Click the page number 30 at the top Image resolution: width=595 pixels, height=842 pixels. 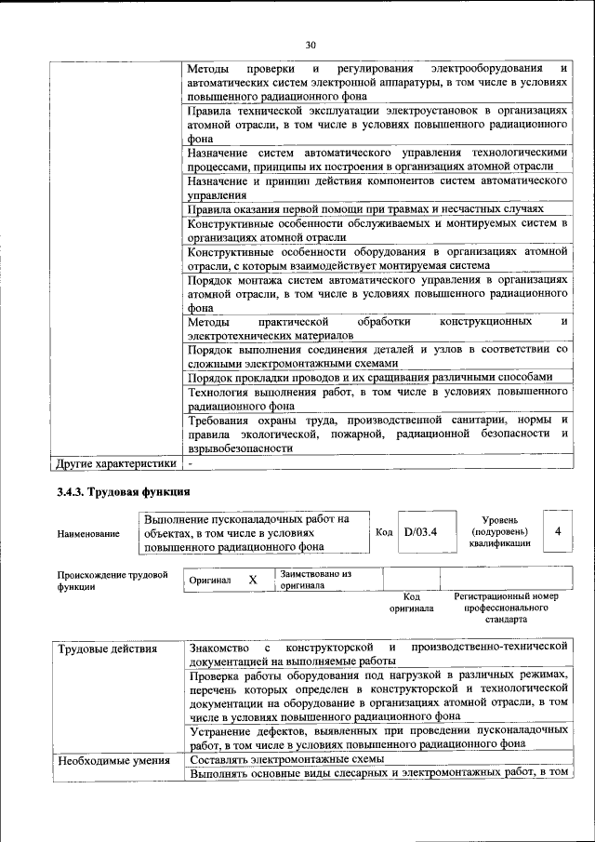[311, 44]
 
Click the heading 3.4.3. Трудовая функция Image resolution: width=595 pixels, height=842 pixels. [123, 491]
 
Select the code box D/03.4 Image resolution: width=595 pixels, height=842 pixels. [420, 532]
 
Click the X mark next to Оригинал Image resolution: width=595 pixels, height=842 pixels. [253, 579]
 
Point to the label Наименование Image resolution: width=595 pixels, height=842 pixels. [88, 533]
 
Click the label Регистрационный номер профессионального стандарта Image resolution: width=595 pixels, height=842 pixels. [506, 607]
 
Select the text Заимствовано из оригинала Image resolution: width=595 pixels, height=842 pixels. [316, 580]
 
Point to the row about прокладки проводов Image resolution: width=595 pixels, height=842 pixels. [370, 377]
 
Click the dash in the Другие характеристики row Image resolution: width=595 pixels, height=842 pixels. [190, 461]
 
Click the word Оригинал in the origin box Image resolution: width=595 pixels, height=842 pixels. [210, 580]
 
